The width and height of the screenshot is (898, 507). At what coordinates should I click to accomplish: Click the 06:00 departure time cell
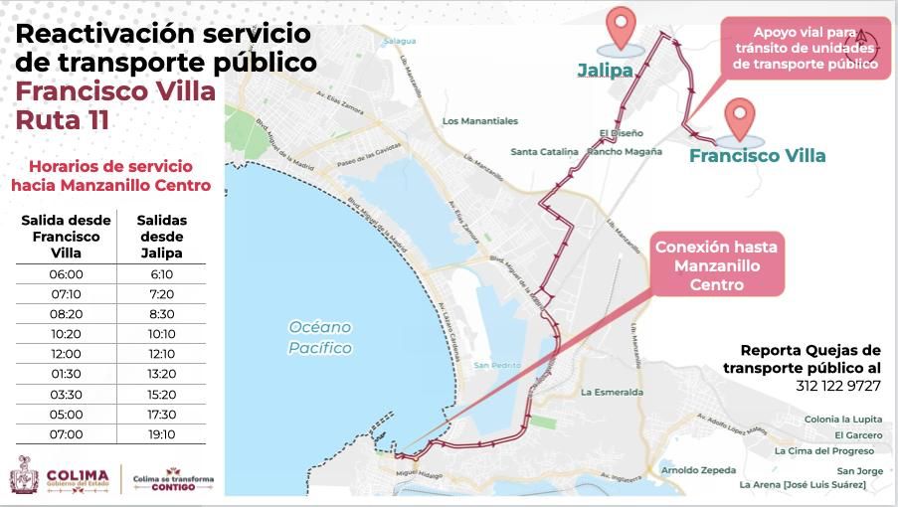[x=66, y=274]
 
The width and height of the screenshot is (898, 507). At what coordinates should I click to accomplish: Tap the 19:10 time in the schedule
[x=162, y=434]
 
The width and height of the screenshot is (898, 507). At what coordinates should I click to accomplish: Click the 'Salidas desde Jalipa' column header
[x=162, y=237]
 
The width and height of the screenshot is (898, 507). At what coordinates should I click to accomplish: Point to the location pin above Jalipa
[x=622, y=28]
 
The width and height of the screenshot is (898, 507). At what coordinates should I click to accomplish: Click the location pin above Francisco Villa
[x=740, y=118]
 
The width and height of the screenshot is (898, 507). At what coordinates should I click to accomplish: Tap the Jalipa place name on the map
[x=605, y=71]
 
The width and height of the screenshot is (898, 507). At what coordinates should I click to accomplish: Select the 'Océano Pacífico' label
[x=320, y=337]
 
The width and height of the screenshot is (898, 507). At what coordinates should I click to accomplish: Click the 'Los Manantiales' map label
[x=480, y=121]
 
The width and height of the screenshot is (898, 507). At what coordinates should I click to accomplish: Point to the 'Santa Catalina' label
[x=544, y=152]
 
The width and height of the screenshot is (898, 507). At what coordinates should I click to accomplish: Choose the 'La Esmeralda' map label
[x=612, y=392]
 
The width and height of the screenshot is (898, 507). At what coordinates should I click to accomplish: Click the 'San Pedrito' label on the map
[x=497, y=365]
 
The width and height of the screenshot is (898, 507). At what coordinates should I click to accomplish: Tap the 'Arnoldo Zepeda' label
[x=698, y=470]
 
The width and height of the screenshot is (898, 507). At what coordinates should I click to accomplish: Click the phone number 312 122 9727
[x=837, y=385]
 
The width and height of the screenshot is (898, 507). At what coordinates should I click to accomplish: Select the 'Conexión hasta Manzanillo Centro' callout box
[x=716, y=264]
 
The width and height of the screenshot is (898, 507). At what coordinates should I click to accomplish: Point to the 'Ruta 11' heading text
[x=63, y=120]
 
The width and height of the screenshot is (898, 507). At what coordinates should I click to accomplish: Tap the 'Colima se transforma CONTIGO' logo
[x=173, y=480]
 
